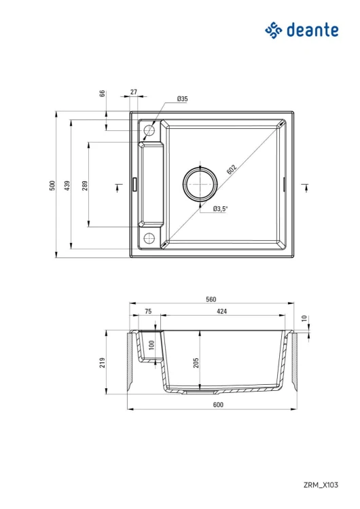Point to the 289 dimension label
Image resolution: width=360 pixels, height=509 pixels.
[85, 185]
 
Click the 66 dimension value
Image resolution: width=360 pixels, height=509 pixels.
[102, 94]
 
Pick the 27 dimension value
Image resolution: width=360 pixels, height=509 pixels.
[133, 92]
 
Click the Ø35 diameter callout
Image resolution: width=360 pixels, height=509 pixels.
[182, 99]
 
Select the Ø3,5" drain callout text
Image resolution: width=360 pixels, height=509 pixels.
[219, 208]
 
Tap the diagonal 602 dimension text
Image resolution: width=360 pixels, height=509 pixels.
[232, 169]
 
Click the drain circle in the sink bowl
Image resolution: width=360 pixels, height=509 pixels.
[200, 183]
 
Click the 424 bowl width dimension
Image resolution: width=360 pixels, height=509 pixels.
[221, 311]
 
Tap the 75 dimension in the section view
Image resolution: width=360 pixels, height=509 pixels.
[148, 311]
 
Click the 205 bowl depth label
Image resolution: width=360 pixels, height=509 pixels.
[196, 361]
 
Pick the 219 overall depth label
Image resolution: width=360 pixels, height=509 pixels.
[102, 362]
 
